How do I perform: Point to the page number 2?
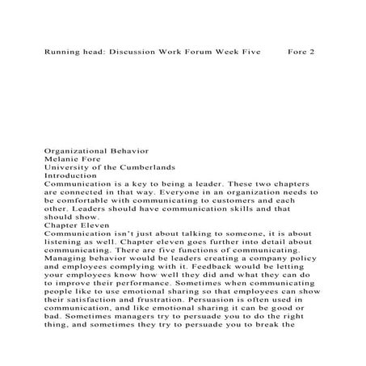pos(311,51)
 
